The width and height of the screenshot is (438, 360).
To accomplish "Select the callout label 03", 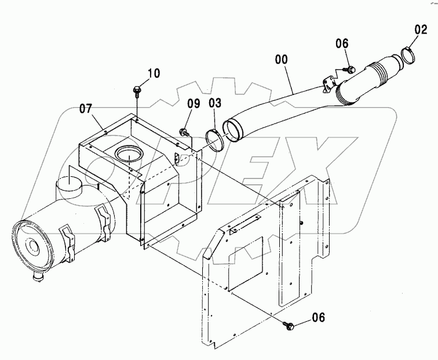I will (214, 103).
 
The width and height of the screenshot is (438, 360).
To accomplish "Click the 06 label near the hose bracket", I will (342, 43).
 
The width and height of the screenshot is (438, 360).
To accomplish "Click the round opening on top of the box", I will (127, 154).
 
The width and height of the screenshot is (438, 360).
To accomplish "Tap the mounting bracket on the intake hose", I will (328, 86).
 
